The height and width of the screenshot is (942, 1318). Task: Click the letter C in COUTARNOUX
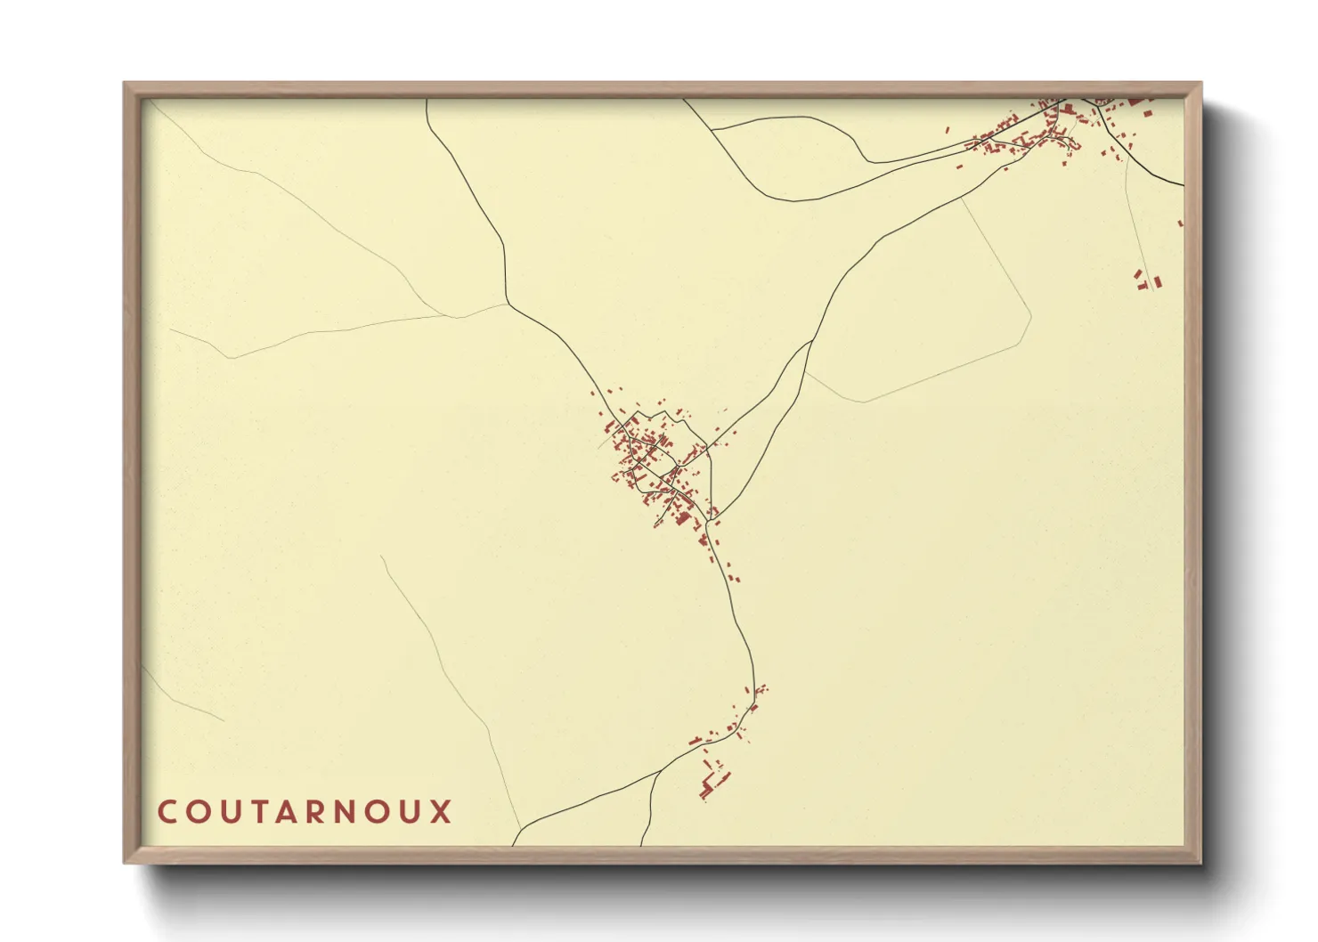(167, 812)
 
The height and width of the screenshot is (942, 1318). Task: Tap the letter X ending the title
(442, 812)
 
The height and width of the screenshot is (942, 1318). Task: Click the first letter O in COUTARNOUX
(197, 812)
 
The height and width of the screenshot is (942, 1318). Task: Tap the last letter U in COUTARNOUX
(411, 812)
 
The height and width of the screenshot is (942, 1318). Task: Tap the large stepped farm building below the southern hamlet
(713, 784)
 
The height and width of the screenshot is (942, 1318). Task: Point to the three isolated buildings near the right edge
(1147, 280)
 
